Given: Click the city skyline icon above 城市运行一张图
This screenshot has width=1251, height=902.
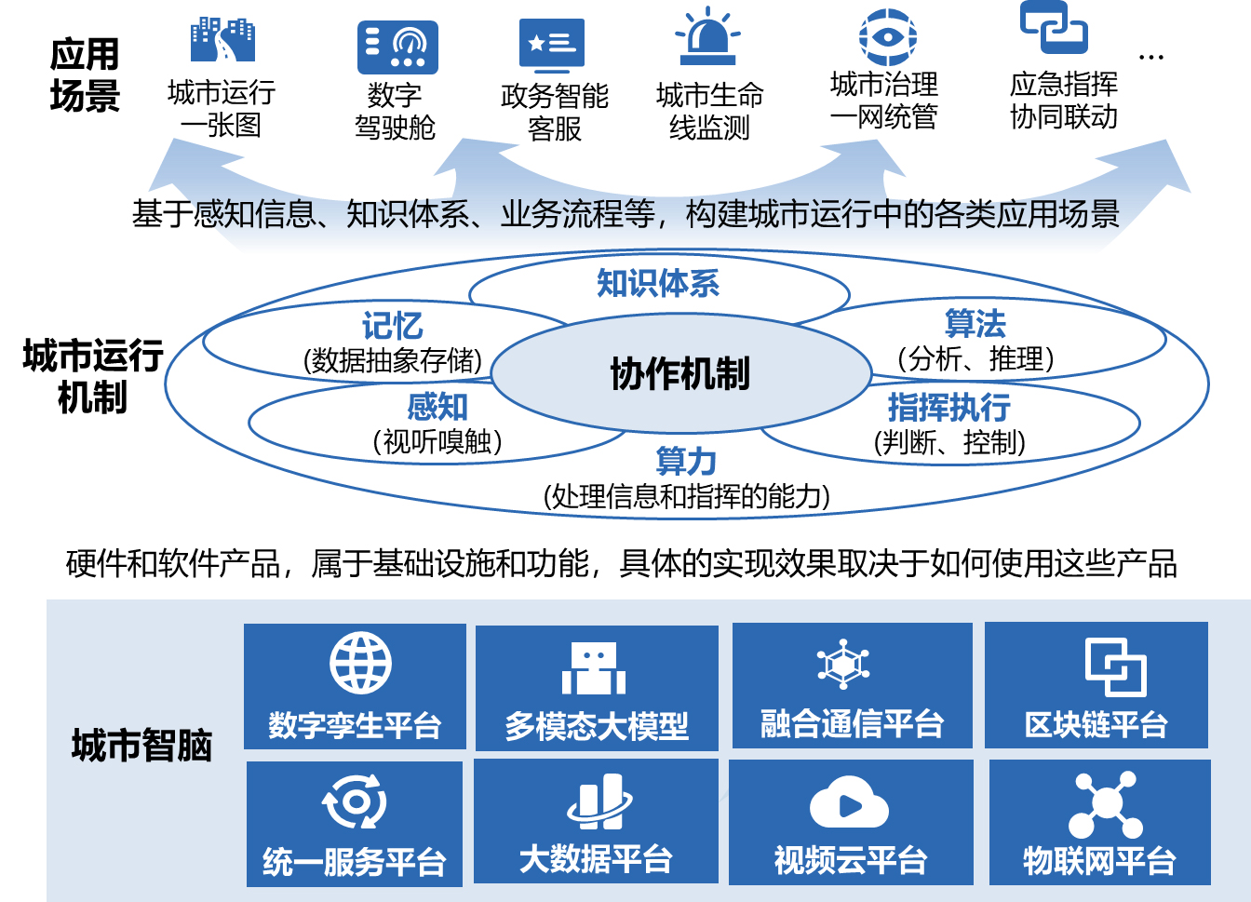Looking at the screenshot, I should point(222,40).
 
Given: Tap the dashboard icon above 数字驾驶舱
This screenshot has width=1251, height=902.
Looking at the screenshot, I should point(397,47).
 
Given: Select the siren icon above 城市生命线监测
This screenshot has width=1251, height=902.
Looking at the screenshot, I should point(708,36).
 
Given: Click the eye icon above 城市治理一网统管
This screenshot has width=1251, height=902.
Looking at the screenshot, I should point(887,37).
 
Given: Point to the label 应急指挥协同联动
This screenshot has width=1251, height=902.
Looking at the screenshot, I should point(1064,101).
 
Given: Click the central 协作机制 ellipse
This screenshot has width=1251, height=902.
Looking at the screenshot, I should point(680,374).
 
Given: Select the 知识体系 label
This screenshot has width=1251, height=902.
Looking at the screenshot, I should point(658,283).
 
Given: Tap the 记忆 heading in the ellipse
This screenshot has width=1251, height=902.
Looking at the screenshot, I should point(392,326).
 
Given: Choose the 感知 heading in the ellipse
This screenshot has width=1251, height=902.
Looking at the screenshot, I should point(437,407).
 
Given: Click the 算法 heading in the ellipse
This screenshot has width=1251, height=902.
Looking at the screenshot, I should point(975,324).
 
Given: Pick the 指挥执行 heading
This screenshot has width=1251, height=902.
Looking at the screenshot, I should point(948,407).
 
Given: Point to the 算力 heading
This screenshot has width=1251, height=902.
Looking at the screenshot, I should point(686,462).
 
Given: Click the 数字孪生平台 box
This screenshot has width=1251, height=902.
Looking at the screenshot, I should point(355,686).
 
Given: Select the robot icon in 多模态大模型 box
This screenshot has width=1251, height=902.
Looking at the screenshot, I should point(594,668).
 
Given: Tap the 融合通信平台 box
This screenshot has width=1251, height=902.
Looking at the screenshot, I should point(852,686).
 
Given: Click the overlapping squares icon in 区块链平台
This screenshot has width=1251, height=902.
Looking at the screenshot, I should point(1115,666).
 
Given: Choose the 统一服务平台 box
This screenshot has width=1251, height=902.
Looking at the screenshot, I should point(355,823).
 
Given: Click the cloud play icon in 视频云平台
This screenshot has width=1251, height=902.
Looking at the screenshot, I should point(849,802).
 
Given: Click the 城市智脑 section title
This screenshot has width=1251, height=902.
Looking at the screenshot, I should point(142,746).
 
